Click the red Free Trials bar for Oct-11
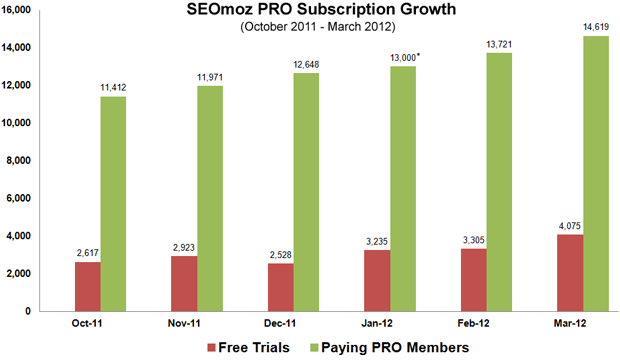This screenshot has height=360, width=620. pos(90,286)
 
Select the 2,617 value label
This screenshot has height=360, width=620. pos(90,253)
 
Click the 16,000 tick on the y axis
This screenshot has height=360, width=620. pos(20,9)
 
